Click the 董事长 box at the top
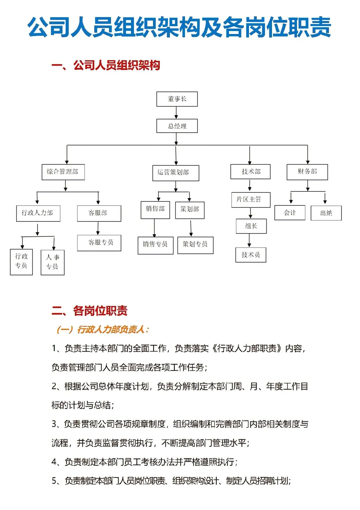coord(177,99)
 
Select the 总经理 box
coord(177,126)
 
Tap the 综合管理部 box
coord(63,172)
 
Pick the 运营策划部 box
coord(176,173)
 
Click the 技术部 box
coord(250,171)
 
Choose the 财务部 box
coord(307,172)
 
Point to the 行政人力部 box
coord(38,213)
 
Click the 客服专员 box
coord(99,243)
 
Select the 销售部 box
coord(155,210)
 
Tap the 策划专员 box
coord(195,245)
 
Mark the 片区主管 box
coord(251,200)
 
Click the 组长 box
coord(251,226)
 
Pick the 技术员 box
coord(251,255)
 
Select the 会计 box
coord(290,213)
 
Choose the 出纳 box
coord(326,213)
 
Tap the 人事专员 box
coord(52,263)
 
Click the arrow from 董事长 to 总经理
coord(176,113)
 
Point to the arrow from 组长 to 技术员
coord(249,240)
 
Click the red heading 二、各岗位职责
coord(90,311)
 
